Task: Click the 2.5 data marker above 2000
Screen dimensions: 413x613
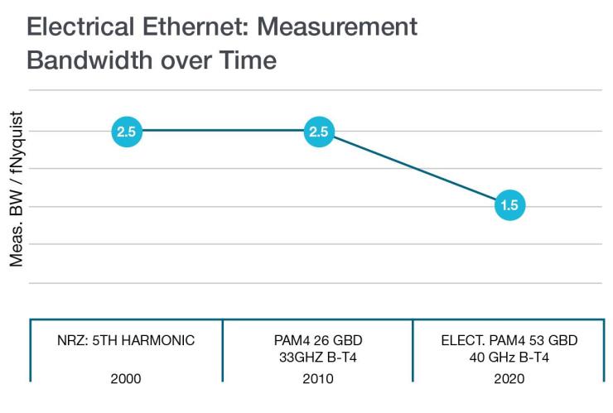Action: pos(127,131)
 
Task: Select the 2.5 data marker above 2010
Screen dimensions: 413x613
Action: pos(318,131)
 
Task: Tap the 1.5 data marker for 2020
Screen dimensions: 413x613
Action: pos(509,205)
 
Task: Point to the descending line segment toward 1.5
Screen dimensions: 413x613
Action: pos(414,168)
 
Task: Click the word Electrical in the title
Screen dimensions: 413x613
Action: pos(81,27)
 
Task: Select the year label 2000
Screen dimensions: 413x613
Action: pos(127,378)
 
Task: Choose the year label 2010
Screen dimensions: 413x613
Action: pos(318,378)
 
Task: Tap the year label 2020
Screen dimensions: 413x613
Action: pos(509,378)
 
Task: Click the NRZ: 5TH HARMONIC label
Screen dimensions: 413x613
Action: pos(127,341)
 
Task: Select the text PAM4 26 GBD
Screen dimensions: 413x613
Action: pos(318,341)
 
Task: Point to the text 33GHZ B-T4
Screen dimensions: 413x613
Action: pos(318,357)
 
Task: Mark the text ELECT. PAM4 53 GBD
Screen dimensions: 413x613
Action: pos(509,341)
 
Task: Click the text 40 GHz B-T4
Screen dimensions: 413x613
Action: pos(509,357)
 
